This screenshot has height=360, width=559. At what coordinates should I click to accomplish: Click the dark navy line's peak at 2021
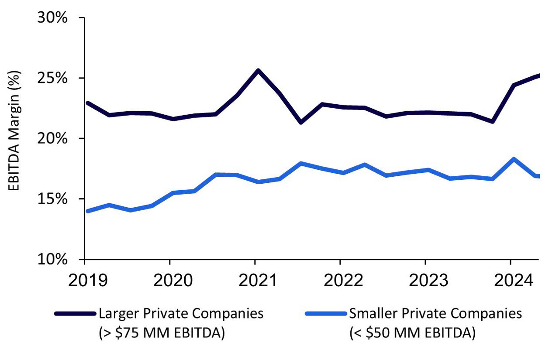258,70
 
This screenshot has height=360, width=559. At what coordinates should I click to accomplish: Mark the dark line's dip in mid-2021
300,122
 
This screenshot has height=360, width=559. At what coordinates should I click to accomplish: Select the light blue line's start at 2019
88,211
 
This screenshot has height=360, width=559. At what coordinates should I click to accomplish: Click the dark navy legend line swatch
75,314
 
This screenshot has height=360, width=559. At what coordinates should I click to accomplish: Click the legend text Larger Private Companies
181,314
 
